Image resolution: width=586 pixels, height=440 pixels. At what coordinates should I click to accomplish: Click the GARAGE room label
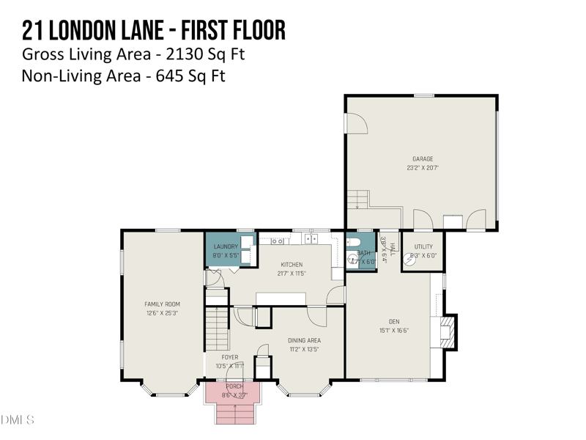[x=423, y=158]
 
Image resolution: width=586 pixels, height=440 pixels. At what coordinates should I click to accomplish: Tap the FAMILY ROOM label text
[x=162, y=304]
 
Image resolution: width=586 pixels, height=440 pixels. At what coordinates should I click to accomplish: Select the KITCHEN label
[x=292, y=265]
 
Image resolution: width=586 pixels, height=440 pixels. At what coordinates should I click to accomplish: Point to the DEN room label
[x=394, y=321]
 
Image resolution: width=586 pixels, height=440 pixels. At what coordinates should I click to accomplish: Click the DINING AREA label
[x=304, y=340]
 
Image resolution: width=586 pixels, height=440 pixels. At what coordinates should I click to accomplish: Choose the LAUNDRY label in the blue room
[x=226, y=247]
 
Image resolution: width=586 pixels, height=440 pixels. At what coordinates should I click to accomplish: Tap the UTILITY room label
[x=423, y=247]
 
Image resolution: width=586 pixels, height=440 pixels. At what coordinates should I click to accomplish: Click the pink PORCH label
[x=234, y=386]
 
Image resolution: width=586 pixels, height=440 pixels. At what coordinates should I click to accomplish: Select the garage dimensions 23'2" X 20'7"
[x=423, y=168]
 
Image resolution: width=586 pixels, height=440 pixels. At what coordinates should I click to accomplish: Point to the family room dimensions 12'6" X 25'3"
[x=162, y=313]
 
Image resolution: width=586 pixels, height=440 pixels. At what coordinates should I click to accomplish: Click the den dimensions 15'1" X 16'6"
[x=394, y=331]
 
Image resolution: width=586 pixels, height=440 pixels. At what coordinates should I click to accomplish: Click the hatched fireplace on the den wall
[x=448, y=332]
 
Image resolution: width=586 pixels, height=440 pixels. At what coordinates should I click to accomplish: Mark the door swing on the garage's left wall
[x=357, y=125]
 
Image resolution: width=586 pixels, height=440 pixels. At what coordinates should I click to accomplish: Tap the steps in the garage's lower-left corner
[x=357, y=199]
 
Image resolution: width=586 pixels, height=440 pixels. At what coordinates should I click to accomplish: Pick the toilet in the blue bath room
[x=352, y=260]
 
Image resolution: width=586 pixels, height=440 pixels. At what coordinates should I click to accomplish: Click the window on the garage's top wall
[x=423, y=95]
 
